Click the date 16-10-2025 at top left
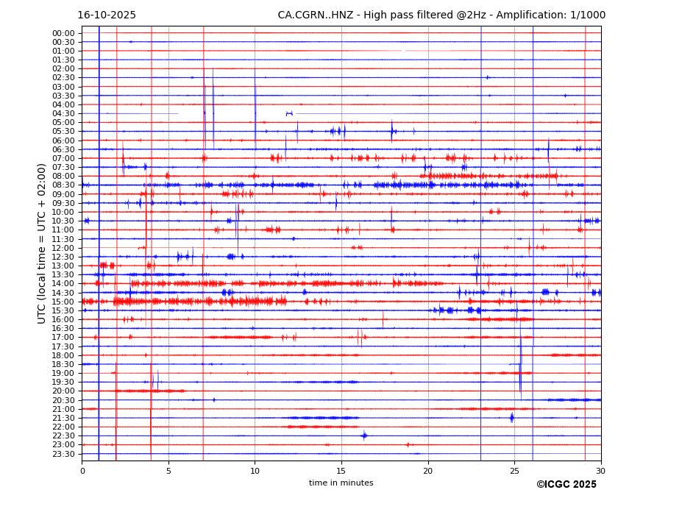point(107,15)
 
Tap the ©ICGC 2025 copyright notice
point(566,485)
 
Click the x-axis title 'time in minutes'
point(341,483)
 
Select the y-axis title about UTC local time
point(42,243)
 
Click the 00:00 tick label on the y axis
point(63,33)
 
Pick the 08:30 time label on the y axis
point(63,185)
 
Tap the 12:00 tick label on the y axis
point(63,248)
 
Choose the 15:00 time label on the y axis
point(63,302)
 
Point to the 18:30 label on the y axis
point(63,364)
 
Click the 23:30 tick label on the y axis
point(63,454)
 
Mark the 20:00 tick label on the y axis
point(63,391)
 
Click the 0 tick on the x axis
point(82,471)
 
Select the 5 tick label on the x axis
point(168,471)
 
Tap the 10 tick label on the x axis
point(255,471)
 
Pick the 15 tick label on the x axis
point(341,471)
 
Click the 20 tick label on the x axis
point(427,471)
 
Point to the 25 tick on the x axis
point(514,471)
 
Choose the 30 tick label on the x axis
point(600,471)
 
